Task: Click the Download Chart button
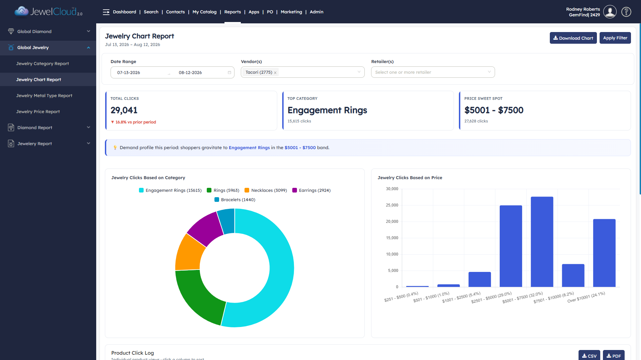[x=573, y=38]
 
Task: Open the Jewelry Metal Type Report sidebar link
[x=44, y=95]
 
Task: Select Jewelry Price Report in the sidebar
[x=38, y=111]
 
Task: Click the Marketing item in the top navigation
[x=291, y=12]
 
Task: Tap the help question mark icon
[x=626, y=12]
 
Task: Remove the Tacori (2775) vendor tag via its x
[x=275, y=73]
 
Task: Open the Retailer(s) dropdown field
[x=433, y=72]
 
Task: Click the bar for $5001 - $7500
[x=542, y=242]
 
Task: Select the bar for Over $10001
[x=604, y=253]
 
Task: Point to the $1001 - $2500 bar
[x=480, y=279]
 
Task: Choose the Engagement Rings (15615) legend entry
[x=170, y=190]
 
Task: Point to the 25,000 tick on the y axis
[x=392, y=205]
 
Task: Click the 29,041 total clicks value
[x=124, y=110]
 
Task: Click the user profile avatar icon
[x=610, y=12]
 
